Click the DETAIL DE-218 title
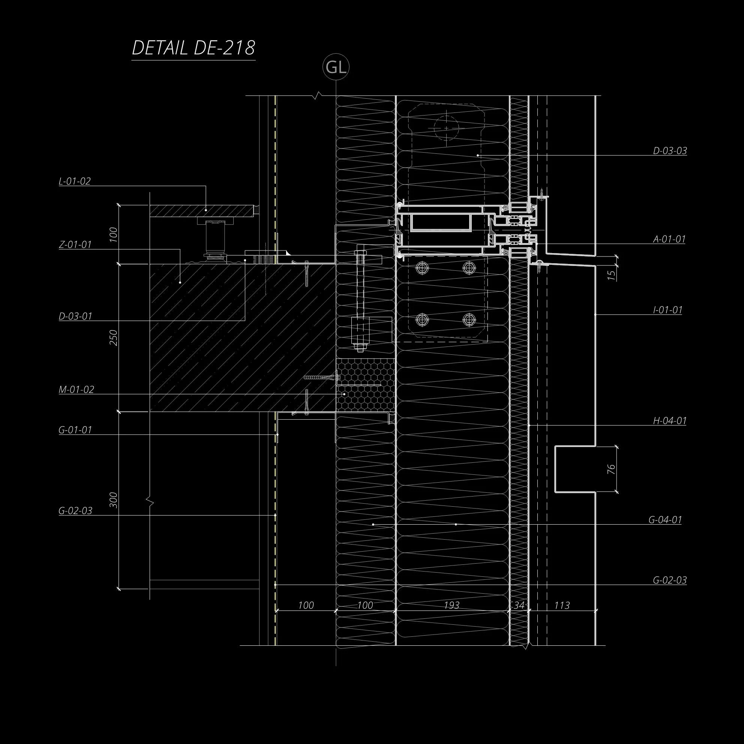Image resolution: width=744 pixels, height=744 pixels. [193, 48]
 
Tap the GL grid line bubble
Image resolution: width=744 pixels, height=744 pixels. [336, 67]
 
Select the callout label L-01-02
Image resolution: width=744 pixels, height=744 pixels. [75, 181]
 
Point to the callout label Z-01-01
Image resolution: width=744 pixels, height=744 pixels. [75, 244]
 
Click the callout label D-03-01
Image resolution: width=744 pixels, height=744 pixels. [75, 316]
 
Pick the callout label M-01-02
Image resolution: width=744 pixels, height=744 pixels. [76, 389]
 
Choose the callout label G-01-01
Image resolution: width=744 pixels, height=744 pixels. [75, 430]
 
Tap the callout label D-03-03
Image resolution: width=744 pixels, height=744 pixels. [670, 151]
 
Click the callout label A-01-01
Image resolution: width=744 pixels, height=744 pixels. [669, 239]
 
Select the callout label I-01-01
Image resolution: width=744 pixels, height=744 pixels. [667, 310]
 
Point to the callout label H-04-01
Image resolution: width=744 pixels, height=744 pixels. [670, 420]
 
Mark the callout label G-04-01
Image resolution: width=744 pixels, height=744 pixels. [665, 519]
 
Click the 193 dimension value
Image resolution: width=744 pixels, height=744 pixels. [451, 605]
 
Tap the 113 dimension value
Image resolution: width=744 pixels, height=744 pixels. [562, 605]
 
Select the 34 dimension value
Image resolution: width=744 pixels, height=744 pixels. [519, 605]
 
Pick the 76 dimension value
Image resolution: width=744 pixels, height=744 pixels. [611, 469]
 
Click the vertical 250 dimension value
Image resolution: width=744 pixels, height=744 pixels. [114, 338]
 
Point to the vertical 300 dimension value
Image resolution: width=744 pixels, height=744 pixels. [114, 499]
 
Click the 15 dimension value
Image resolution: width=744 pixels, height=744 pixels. [611, 275]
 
